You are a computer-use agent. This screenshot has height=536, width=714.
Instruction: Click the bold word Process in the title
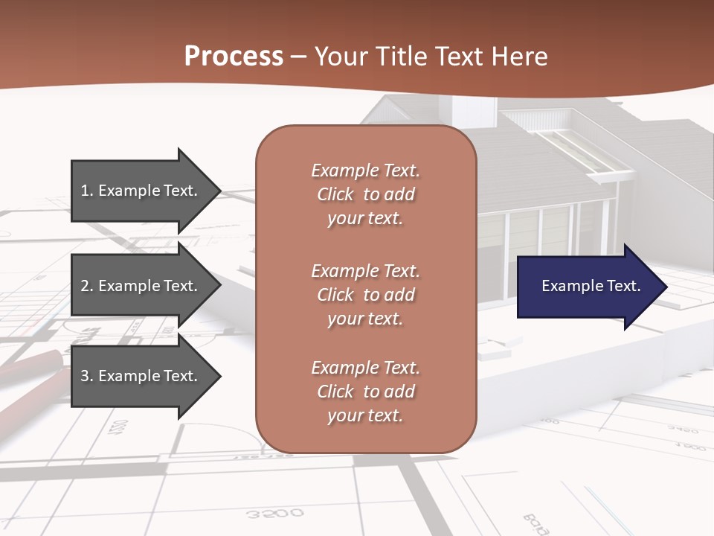click(x=234, y=57)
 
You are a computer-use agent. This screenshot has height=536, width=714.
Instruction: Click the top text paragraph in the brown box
click(x=365, y=194)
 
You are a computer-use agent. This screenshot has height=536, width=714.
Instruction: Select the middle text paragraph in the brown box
click(x=365, y=294)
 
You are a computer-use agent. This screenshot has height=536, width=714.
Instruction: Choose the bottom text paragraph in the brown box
click(x=365, y=392)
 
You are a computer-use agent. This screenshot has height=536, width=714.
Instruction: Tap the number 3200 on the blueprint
click(x=274, y=513)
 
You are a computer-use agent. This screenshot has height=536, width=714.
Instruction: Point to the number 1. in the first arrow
click(x=87, y=191)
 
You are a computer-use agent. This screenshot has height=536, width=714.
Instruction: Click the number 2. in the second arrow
click(x=87, y=286)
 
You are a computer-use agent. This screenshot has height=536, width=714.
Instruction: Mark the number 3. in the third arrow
click(x=87, y=376)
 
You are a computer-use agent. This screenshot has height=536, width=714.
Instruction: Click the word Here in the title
click(x=521, y=57)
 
